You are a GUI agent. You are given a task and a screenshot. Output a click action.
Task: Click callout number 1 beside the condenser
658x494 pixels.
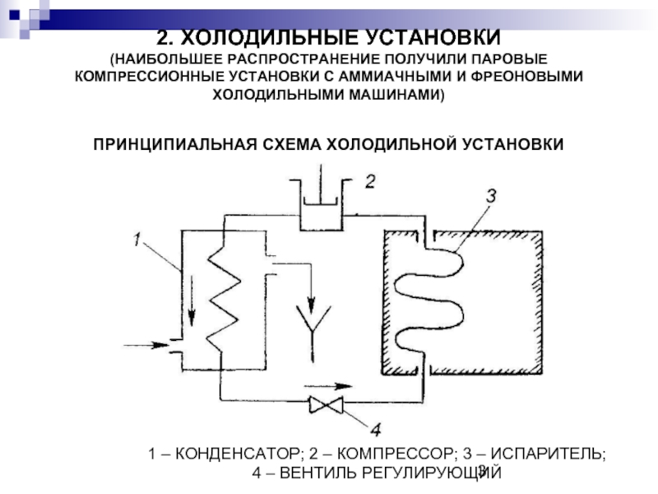coord(137,239)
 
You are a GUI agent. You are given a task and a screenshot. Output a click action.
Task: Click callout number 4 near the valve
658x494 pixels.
coord(374,429)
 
